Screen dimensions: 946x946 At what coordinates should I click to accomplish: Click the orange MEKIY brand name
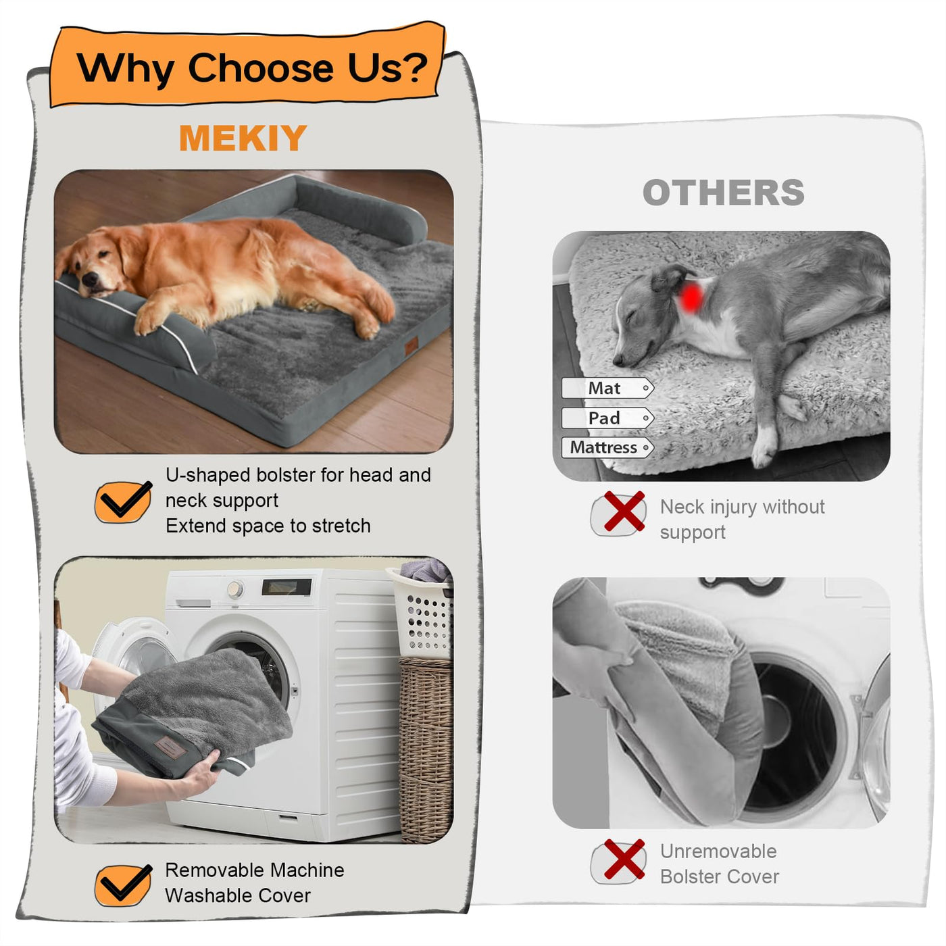(243, 138)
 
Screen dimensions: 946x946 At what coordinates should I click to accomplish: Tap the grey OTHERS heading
(723, 193)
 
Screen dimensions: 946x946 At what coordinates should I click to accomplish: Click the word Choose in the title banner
(260, 68)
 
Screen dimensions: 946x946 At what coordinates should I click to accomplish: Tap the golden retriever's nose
(89, 279)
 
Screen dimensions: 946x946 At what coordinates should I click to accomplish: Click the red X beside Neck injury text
(624, 511)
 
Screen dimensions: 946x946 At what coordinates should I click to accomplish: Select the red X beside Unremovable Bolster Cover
(624, 859)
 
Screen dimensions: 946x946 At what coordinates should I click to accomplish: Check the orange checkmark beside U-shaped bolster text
(123, 501)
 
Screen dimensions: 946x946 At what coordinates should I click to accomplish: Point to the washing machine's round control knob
(235, 589)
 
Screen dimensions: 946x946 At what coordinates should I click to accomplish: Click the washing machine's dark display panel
(287, 587)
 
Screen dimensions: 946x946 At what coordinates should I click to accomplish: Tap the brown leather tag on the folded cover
(170, 747)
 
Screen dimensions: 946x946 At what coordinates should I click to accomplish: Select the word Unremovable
(718, 851)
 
